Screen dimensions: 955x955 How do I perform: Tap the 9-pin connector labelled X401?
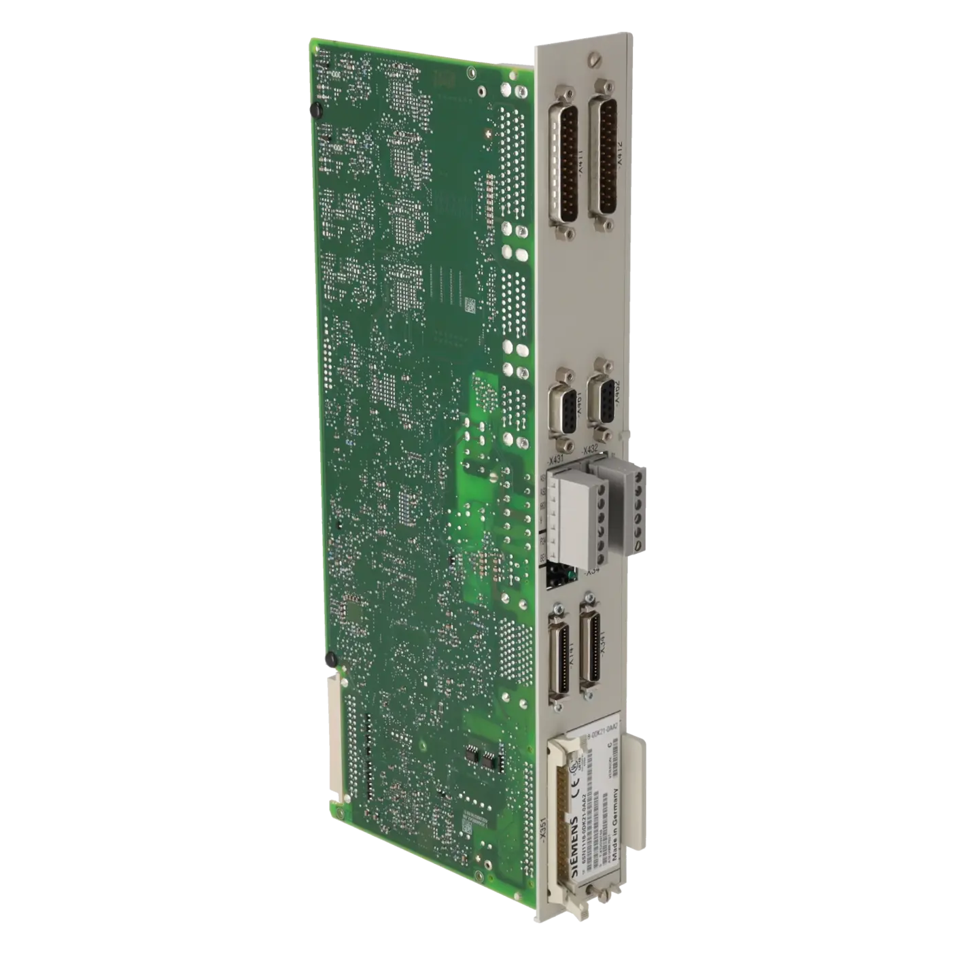[x=563, y=408]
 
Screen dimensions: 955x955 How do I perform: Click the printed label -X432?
[x=589, y=449]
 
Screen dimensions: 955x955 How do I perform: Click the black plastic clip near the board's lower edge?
[x=331, y=657]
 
